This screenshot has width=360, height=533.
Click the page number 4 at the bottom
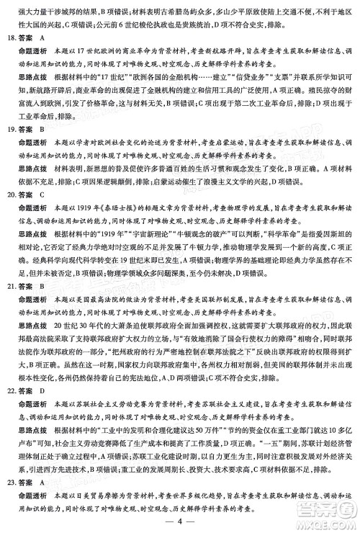180,522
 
